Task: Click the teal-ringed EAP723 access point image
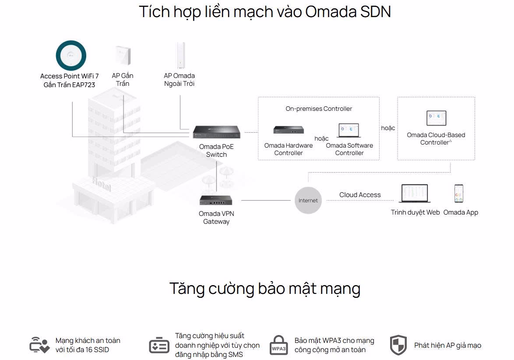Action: [71, 55]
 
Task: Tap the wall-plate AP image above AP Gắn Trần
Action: [122, 56]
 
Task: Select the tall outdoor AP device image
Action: [180, 56]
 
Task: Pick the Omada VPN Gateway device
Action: [216, 200]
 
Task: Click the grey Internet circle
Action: [308, 200]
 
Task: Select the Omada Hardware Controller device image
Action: [289, 130]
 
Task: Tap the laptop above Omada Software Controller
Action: [349, 131]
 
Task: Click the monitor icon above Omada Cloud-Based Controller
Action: [436, 118]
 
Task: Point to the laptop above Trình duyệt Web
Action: [415, 194]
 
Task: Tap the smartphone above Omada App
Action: [459, 193]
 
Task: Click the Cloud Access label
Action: [360, 195]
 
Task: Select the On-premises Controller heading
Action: [319, 109]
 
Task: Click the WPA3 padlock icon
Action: [279, 345]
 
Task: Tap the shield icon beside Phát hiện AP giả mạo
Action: [398, 345]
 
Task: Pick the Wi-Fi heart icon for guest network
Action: [39, 345]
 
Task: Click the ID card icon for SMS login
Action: [159, 346]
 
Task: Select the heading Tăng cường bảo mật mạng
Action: [264, 289]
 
